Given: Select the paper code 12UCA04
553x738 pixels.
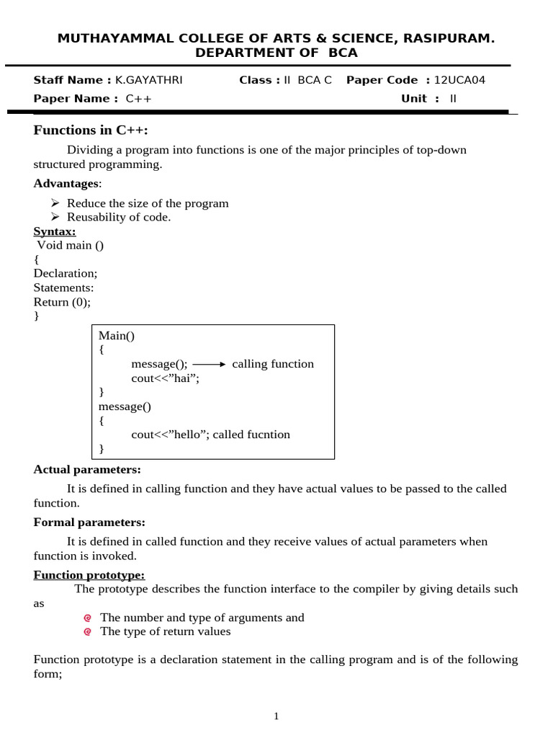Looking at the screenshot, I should [460, 80].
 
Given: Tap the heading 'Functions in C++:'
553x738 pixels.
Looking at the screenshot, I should [95, 130].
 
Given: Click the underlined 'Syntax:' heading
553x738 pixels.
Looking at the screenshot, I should [55, 231].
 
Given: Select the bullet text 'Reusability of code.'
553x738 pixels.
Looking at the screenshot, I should [119, 217].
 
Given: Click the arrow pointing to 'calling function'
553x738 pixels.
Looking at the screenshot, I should [210, 364].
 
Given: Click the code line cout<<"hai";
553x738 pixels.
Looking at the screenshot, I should [165, 378].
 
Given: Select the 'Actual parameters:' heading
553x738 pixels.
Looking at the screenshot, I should [87, 469].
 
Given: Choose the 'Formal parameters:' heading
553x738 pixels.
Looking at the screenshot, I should [89, 522].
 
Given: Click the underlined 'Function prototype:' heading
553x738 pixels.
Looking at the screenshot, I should [89, 574].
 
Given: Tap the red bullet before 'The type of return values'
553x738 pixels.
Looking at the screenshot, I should [87, 632].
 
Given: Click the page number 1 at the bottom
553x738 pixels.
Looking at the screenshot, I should [276, 716].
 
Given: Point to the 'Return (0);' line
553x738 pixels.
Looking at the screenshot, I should [62, 302].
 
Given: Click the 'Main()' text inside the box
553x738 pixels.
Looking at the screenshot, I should [117, 336].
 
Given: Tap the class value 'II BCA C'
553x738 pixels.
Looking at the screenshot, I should [308, 80].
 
